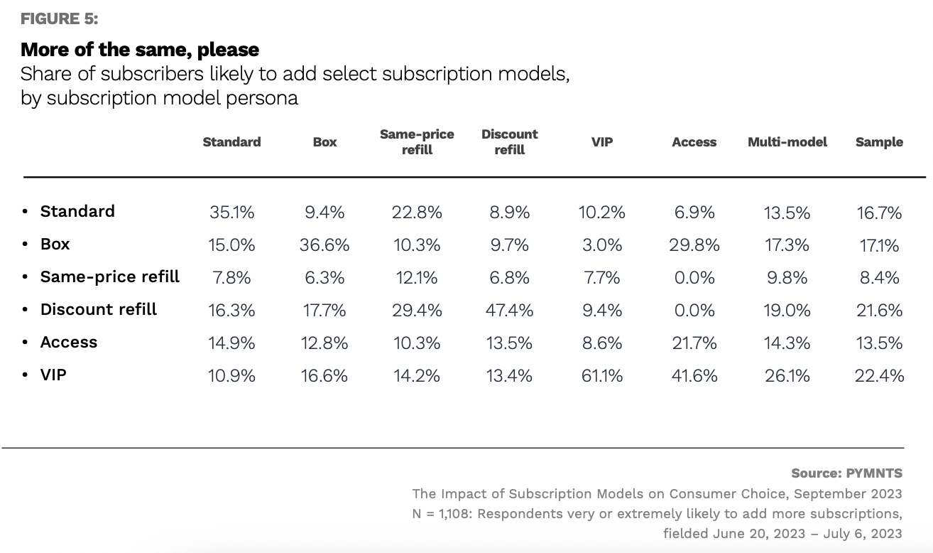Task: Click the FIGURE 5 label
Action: tap(60, 19)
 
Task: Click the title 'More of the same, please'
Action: tap(140, 50)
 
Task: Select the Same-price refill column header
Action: tap(417, 141)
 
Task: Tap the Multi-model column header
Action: tap(787, 142)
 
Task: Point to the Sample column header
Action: tap(879, 142)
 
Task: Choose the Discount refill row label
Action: tap(99, 310)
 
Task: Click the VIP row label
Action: tap(53, 375)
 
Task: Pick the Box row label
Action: tap(55, 245)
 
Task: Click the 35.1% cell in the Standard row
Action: tap(231, 213)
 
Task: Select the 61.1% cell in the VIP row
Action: tap(602, 375)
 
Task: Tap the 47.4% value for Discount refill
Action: tap(510, 311)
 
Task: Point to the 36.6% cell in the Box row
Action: tap(324, 245)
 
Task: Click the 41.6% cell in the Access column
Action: tap(694, 375)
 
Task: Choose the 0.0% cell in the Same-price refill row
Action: tap(694, 278)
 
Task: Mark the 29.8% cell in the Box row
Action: tap(694, 245)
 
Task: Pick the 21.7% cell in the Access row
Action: tap(694, 343)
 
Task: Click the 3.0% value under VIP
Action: tap(602, 245)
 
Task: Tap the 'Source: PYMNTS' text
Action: tap(846, 473)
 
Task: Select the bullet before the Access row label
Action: tap(26, 343)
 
